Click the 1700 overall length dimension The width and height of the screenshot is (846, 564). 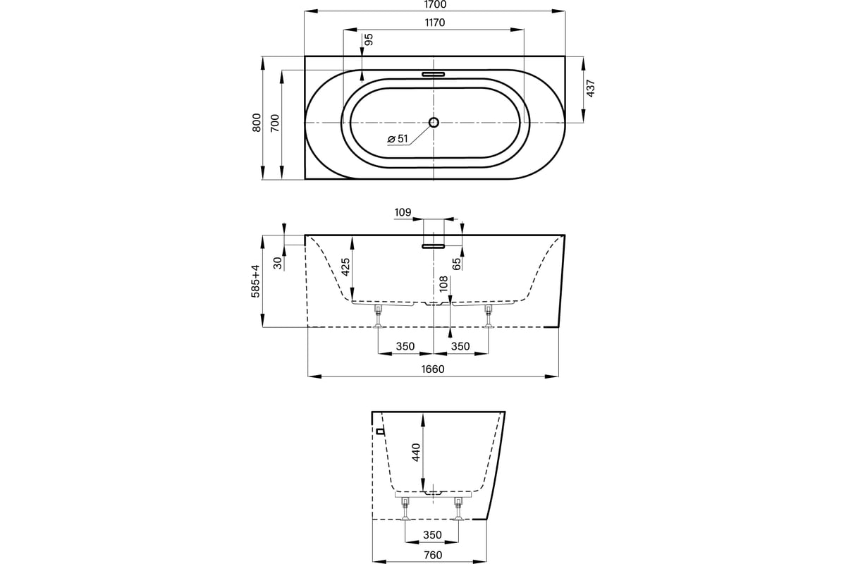click(x=435, y=4)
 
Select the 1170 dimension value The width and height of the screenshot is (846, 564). click(x=435, y=23)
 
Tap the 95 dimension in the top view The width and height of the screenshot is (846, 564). click(x=369, y=39)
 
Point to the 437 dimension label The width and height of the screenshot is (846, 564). click(x=590, y=88)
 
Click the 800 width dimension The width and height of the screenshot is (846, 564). click(x=257, y=123)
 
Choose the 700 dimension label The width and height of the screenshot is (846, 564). click(x=275, y=123)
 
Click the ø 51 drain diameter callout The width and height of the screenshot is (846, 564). click(x=398, y=139)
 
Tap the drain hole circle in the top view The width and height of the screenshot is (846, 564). click(x=434, y=122)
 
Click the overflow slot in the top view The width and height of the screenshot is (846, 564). click(x=434, y=74)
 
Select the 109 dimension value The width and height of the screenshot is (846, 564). click(x=403, y=212)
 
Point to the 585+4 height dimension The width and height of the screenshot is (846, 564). click(x=256, y=281)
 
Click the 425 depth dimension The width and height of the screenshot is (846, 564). click(x=345, y=267)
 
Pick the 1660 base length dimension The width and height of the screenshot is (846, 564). click(x=433, y=369)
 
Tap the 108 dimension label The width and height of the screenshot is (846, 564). click(x=443, y=283)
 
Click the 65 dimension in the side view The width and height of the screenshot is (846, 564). click(x=457, y=264)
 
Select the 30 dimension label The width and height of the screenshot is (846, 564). click(x=278, y=262)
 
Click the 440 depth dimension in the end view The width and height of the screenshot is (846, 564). click(x=415, y=452)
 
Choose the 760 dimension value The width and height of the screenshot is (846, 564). click(x=433, y=555)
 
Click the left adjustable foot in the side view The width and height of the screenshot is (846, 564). click(x=378, y=317)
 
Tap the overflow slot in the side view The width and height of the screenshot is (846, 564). click(x=434, y=246)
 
